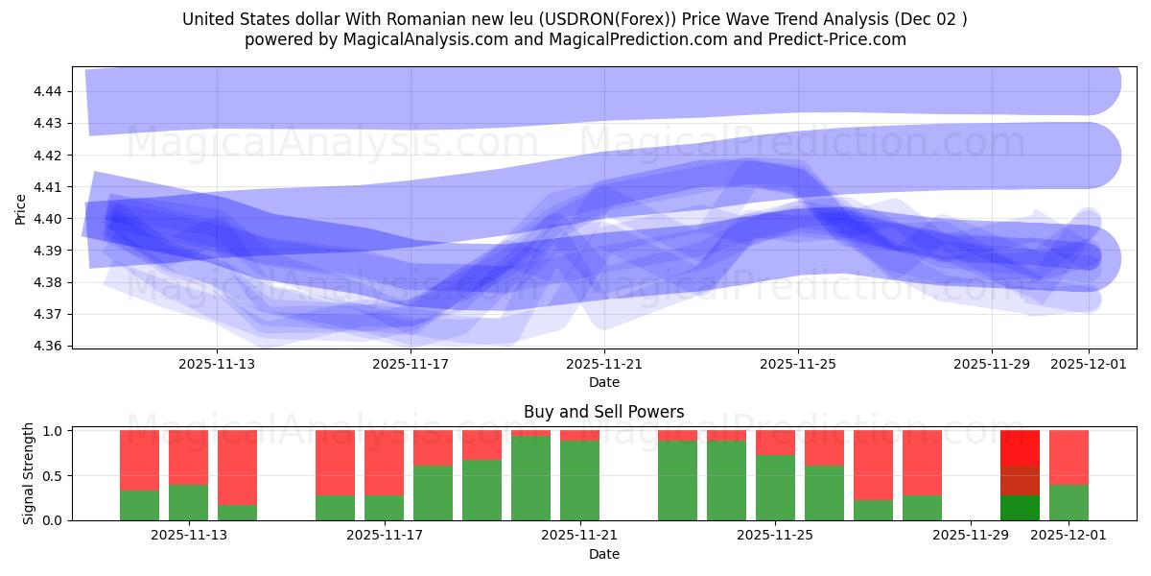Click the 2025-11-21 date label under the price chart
[604, 364]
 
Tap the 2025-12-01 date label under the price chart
[1089, 364]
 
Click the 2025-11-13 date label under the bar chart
[189, 536]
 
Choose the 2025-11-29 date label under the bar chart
[971, 536]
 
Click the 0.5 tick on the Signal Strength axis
[53, 475]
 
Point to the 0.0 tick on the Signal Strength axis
[53, 520]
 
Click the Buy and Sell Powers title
[603, 412]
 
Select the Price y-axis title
[21, 208]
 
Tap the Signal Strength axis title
[29, 473]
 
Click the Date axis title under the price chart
[603, 382]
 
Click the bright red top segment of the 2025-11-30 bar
[1020, 447]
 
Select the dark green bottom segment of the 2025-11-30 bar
[1020, 508]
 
